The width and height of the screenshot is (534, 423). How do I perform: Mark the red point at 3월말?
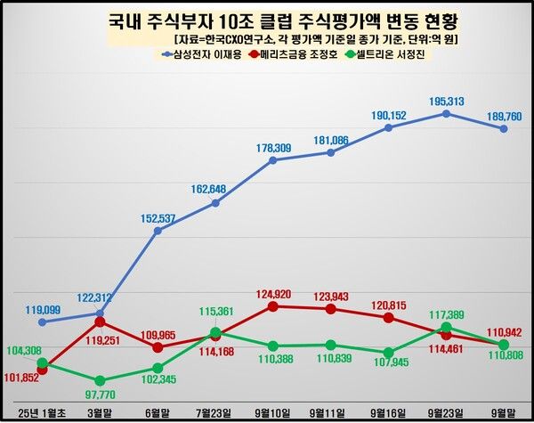pyautogui.click(x=100, y=321)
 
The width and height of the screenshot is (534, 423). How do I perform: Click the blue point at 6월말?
pyautogui.click(x=158, y=231)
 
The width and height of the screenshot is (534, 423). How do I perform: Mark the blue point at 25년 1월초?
pyautogui.click(x=42, y=321)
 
